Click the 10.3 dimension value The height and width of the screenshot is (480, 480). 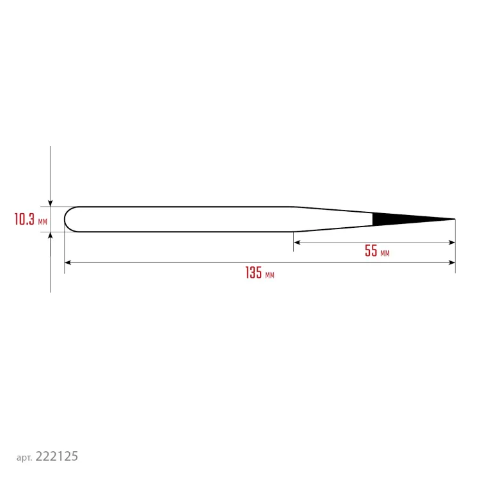[24, 219]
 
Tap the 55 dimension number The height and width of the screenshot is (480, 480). [371, 250]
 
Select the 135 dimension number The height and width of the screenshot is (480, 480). [253, 272]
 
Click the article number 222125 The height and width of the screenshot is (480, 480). [56, 456]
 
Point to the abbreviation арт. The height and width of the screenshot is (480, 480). [24, 458]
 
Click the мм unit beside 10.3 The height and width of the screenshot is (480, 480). [42, 221]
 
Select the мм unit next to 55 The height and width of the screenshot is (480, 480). [385, 253]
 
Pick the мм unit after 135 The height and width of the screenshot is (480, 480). [269, 275]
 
